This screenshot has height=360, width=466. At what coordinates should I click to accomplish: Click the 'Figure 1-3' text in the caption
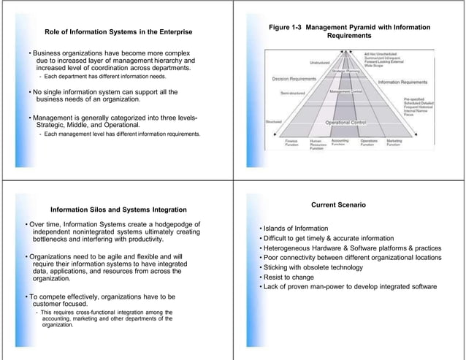coord(286,27)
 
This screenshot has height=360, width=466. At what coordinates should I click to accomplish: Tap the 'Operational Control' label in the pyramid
coord(347,123)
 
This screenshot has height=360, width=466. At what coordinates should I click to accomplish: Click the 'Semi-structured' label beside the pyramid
coord(295,93)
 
